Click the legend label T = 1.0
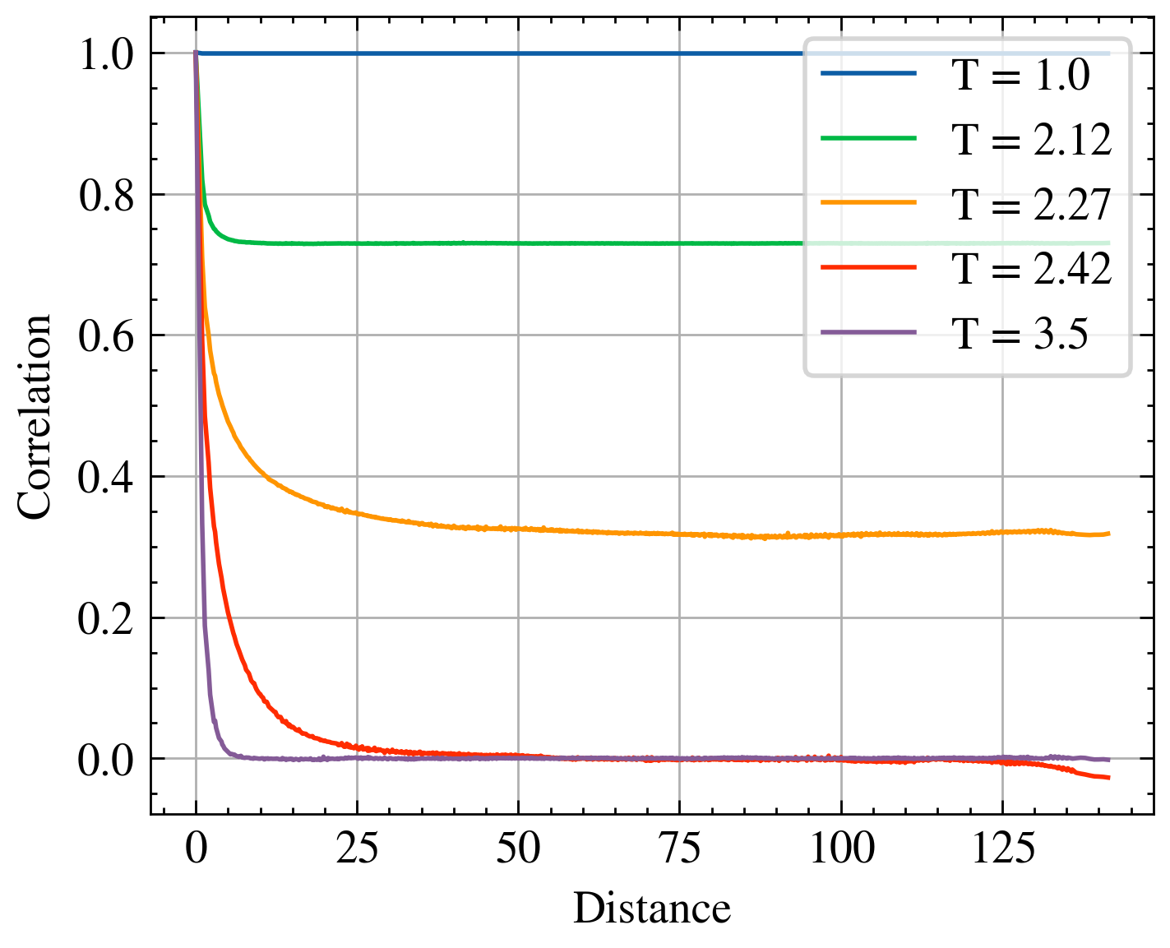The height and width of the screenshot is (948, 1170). pyautogui.click(x=1020, y=76)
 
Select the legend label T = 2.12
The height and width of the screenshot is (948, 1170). pyautogui.click(x=1032, y=140)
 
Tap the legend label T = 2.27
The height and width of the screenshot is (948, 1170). pyautogui.click(x=1032, y=204)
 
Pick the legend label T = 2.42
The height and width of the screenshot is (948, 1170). pyautogui.click(x=1032, y=268)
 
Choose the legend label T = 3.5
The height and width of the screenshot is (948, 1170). pyautogui.click(x=1020, y=333)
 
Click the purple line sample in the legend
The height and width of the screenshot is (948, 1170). pyautogui.click(x=868, y=332)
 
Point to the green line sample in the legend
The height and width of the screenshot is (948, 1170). pyautogui.click(x=868, y=138)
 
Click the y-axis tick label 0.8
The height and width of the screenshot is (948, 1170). pyautogui.click(x=106, y=196)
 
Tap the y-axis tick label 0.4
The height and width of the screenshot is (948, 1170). pyautogui.click(x=106, y=478)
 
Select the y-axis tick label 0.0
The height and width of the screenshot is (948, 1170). pyautogui.click(x=106, y=761)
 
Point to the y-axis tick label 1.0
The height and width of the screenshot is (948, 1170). pyautogui.click(x=106, y=55)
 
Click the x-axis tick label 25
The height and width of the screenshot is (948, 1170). pyautogui.click(x=357, y=848)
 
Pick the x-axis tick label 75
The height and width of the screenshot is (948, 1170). pyautogui.click(x=680, y=848)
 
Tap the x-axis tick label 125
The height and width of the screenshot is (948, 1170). pyautogui.click(x=1002, y=848)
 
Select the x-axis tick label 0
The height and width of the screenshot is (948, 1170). pyautogui.click(x=196, y=848)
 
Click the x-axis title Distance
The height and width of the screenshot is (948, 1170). pyautogui.click(x=651, y=909)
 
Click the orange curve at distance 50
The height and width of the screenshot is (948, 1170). pyautogui.click(x=518, y=528)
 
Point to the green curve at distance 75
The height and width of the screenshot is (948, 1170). pyautogui.click(x=680, y=243)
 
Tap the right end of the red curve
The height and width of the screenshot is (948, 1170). pyautogui.click(x=1108, y=777)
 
